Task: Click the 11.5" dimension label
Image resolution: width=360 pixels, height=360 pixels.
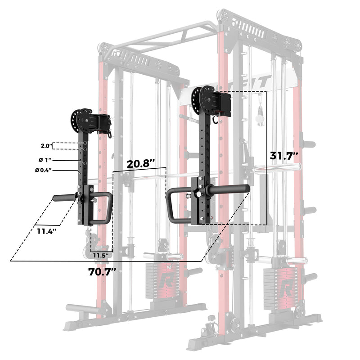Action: pyautogui.click(x=101, y=255)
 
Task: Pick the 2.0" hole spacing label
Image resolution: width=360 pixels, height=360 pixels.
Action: pyautogui.click(x=45, y=146)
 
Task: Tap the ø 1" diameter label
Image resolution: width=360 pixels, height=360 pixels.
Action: pyautogui.click(x=45, y=160)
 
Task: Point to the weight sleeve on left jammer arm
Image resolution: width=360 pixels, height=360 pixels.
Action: pyautogui.click(x=64, y=197)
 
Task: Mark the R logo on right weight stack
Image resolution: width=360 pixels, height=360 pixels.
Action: pyautogui.click(x=286, y=286)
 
